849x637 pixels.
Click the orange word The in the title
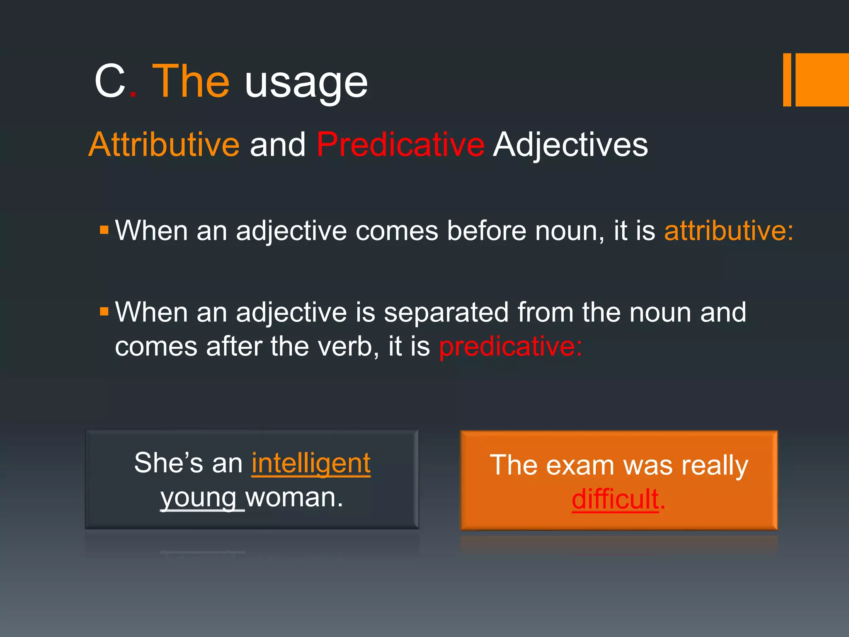coord(191,82)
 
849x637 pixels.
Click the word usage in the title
coord(306,83)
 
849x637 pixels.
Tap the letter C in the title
coord(110,82)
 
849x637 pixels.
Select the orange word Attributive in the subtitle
coord(164,144)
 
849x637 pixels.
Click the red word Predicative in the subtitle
coord(400,144)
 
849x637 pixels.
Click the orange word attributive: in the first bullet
coord(729,231)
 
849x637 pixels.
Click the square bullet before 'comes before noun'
coord(104,229)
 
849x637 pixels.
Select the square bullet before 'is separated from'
coord(104,311)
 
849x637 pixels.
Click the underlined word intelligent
coord(311,463)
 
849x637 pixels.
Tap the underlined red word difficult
coord(615,499)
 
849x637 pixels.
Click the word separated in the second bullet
coord(446,312)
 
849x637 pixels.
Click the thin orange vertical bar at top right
coord(787,80)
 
